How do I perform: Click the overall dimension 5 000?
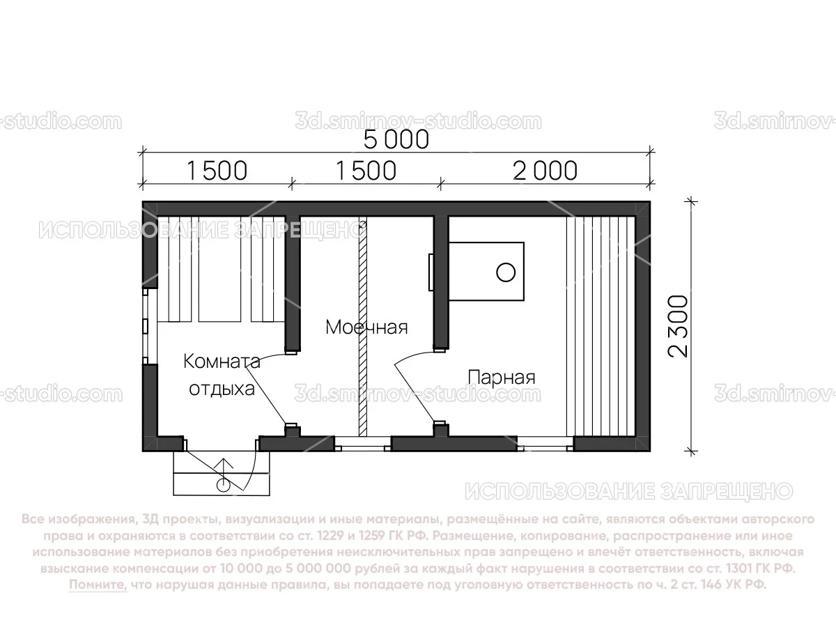click(x=396, y=140)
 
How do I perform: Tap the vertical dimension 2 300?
click(x=678, y=326)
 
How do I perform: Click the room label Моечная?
click(x=366, y=327)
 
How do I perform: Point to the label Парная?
click(x=502, y=378)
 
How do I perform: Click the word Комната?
click(x=222, y=361)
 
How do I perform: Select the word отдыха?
click(x=222, y=388)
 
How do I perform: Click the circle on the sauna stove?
click(x=506, y=272)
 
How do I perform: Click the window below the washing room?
click(x=362, y=443)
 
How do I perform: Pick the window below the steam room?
click(x=545, y=443)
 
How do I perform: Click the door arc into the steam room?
click(x=408, y=376)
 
